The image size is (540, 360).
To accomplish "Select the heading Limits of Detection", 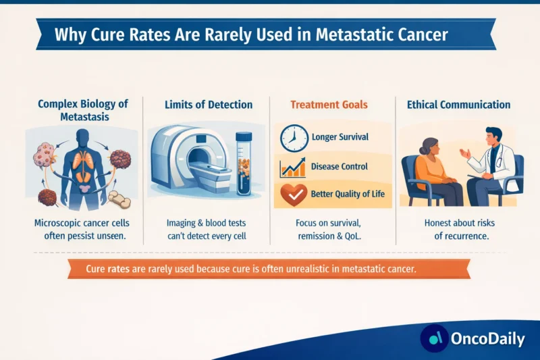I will [x=209, y=105].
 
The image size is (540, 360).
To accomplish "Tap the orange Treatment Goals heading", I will [x=329, y=105].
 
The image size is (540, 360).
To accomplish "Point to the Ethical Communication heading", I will [x=459, y=105].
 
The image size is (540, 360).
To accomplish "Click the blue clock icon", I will [x=292, y=137].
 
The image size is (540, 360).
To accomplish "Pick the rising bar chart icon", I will [x=292, y=166].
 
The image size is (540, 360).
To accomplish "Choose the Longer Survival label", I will [x=340, y=137].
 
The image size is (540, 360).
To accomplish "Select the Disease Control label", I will [x=340, y=166].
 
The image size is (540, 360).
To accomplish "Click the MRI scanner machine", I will [x=185, y=161].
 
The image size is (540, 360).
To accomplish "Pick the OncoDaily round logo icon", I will [x=435, y=338].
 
